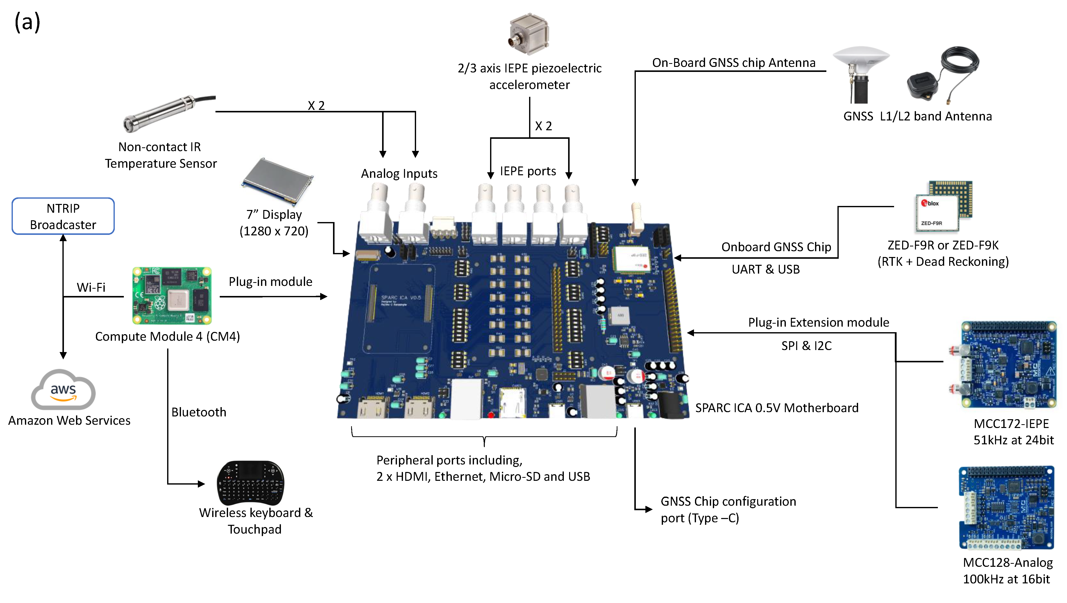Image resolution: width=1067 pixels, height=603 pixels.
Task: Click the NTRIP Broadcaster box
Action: [63, 216]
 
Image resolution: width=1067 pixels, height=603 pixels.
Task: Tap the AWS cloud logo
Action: [63, 390]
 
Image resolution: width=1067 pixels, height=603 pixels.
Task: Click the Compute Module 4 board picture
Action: [172, 295]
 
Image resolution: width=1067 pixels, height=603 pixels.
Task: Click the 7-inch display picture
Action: [277, 181]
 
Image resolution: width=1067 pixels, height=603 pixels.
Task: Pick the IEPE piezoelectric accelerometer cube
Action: [529, 34]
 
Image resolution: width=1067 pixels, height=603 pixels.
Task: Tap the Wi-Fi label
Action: [91, 287]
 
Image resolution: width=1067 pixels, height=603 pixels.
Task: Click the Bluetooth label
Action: [199, 412]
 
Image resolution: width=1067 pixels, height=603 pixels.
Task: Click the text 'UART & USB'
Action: [765, 269]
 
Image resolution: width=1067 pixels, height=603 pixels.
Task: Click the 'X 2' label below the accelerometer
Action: [543, 126]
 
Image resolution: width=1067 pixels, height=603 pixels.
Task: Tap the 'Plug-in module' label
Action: [270, 282]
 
